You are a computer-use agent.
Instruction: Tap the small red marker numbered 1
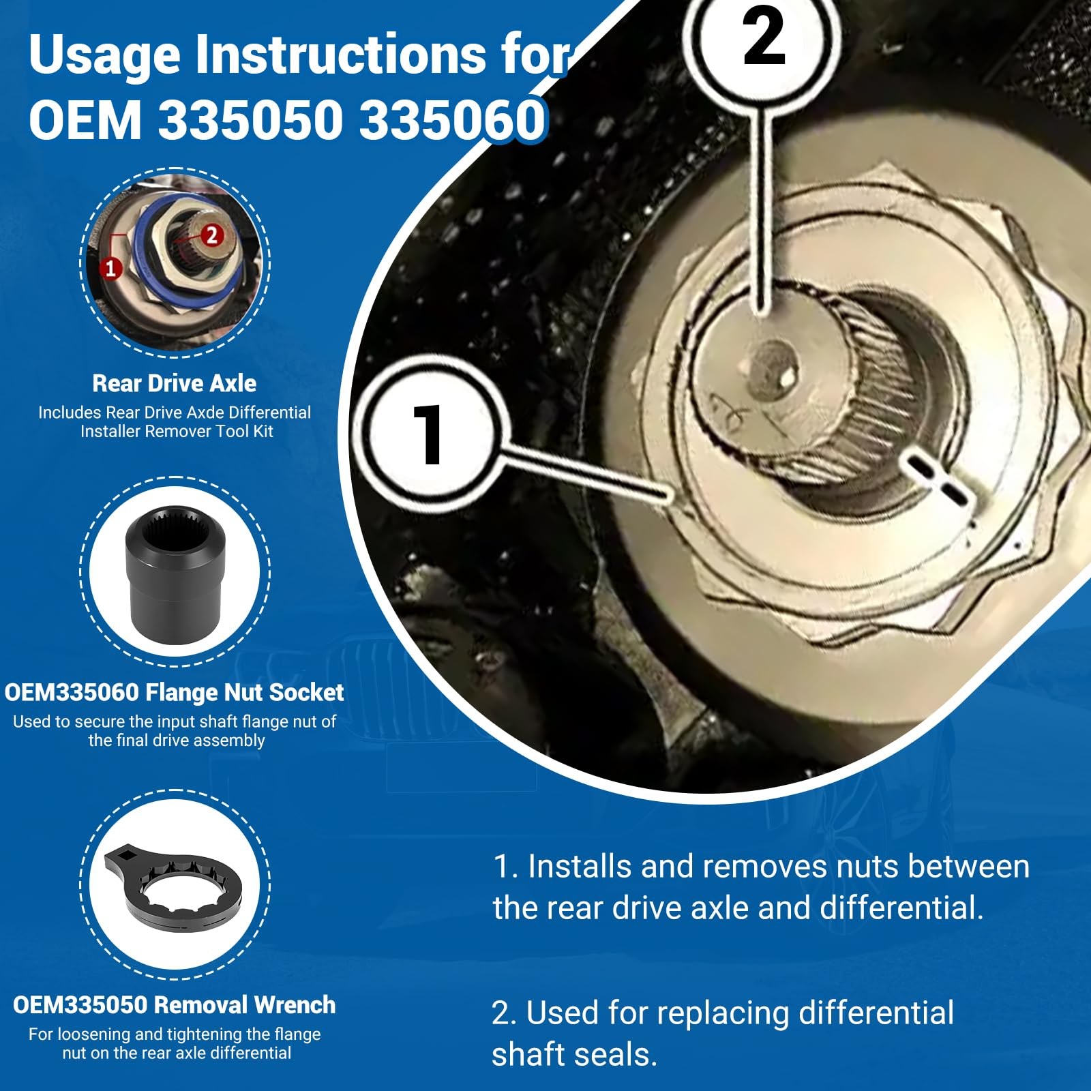tap(110, 268)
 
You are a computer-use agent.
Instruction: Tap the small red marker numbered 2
tap(211, 235)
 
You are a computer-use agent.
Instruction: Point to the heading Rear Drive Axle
tap(175, 383)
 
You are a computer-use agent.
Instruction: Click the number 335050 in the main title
tap(250, 120)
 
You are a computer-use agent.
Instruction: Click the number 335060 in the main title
tap(453, 120)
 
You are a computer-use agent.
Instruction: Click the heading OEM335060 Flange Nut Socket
tap(175, 692)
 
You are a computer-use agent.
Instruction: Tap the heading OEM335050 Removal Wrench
tap(175, 1004)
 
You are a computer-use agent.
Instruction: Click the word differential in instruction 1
tap(901, 908)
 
